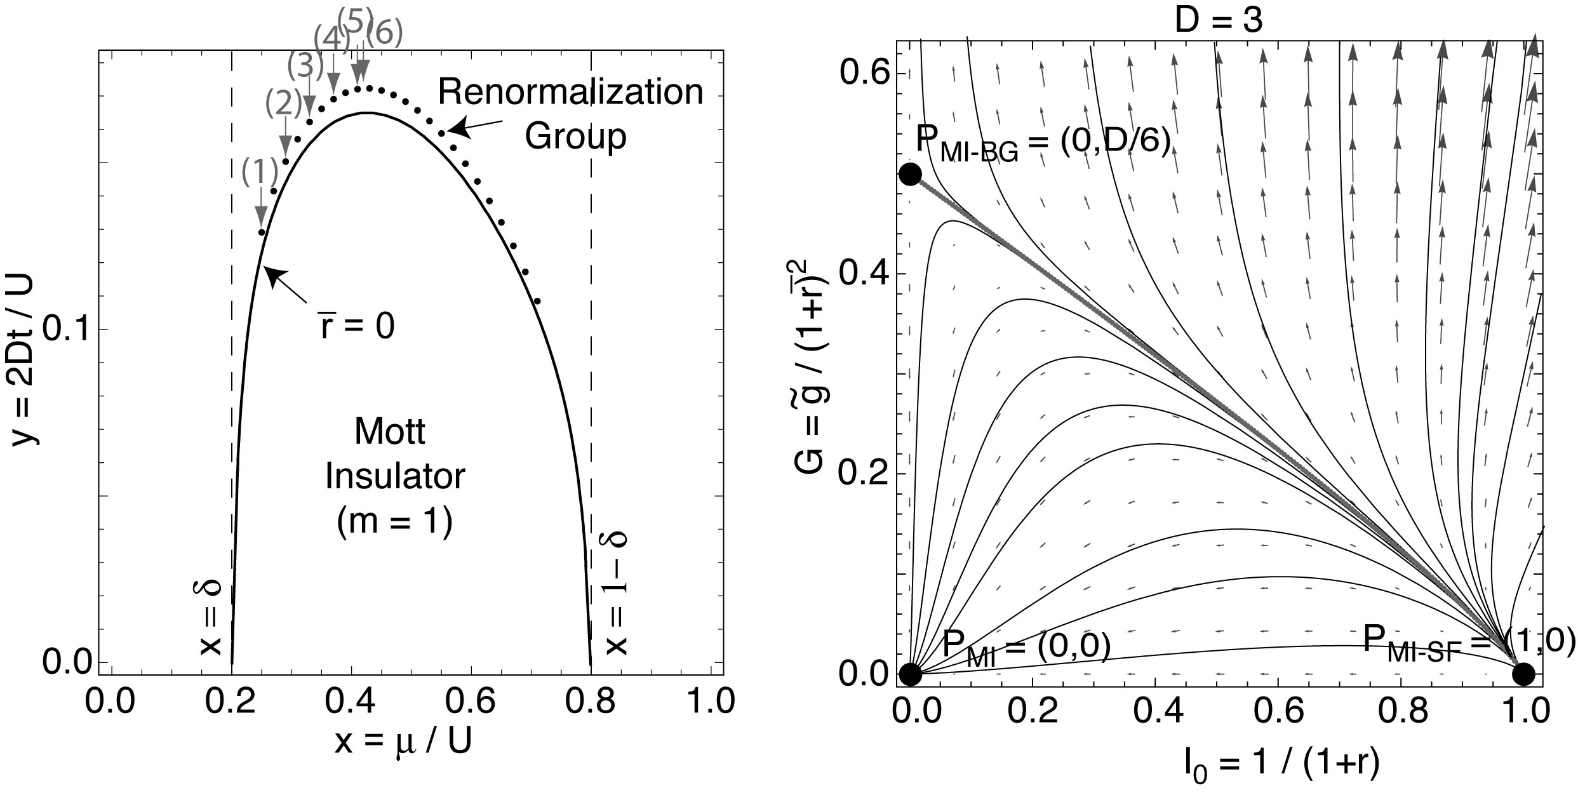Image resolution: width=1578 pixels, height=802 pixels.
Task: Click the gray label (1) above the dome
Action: [x=259, y=170]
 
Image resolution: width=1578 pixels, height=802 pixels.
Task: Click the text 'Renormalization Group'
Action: [x=571, y=114]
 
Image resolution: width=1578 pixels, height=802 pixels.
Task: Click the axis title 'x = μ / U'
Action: [x=403, y=742]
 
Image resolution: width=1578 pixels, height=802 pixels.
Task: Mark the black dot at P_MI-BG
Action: [x=910, y=173]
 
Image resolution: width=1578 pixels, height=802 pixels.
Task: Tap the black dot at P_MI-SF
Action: [x=1523, y=674]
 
